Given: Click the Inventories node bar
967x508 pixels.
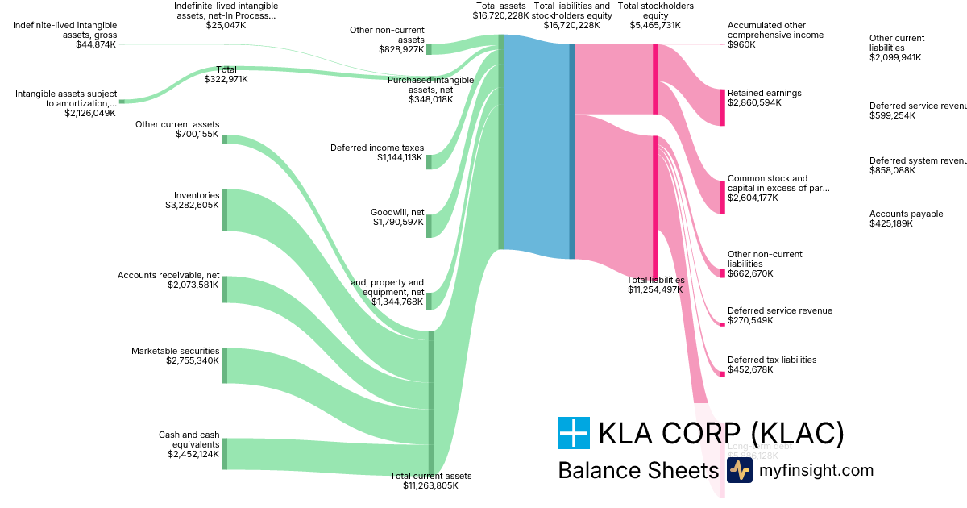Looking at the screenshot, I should pyautogui.click(x=225, y=210).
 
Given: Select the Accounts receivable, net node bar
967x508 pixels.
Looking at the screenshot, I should pyautogui.click(x=225, y=289).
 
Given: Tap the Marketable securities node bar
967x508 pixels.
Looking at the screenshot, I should pyautogui.click(x=225, y=365).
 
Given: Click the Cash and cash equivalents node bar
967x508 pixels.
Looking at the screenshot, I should pyautogui.click(x=225, y=453).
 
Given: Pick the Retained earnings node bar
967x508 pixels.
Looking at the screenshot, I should pyautogui.click(x=722, y=107).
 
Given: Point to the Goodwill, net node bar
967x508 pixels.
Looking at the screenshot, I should pyautogui.click(x=429, y=226).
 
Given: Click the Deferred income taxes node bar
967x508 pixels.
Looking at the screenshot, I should pyautogui.click(x=429, y=161).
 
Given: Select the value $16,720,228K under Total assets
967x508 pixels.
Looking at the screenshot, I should pyautogui.click(x=500, y=15).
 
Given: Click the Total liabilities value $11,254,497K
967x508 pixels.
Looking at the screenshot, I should pyautogui.click(x=654, y=289).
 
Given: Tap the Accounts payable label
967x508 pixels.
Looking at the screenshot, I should pyautogui.click(x=906, y=214).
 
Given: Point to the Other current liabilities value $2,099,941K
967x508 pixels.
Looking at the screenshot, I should pyautogui.click(x=895, y=58).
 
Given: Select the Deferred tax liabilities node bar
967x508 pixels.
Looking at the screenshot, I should pyautogui.click(x=722, y=374).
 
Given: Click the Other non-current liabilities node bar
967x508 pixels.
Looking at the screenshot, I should pyautogui.click(x=722, y=273).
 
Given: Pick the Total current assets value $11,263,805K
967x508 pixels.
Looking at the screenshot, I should pyautogui.click(x=430, y=485).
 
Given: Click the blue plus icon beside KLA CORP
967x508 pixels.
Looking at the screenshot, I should pyautogui.click(x=573, y=433).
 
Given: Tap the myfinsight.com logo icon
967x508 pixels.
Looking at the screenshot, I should pyautogui.click(x=739, y=471).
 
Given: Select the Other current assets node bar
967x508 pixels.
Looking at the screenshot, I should pyautogui.click(x=225, y=139).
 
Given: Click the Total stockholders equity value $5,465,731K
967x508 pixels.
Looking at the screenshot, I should pyautogui.click(x=654, y=25).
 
